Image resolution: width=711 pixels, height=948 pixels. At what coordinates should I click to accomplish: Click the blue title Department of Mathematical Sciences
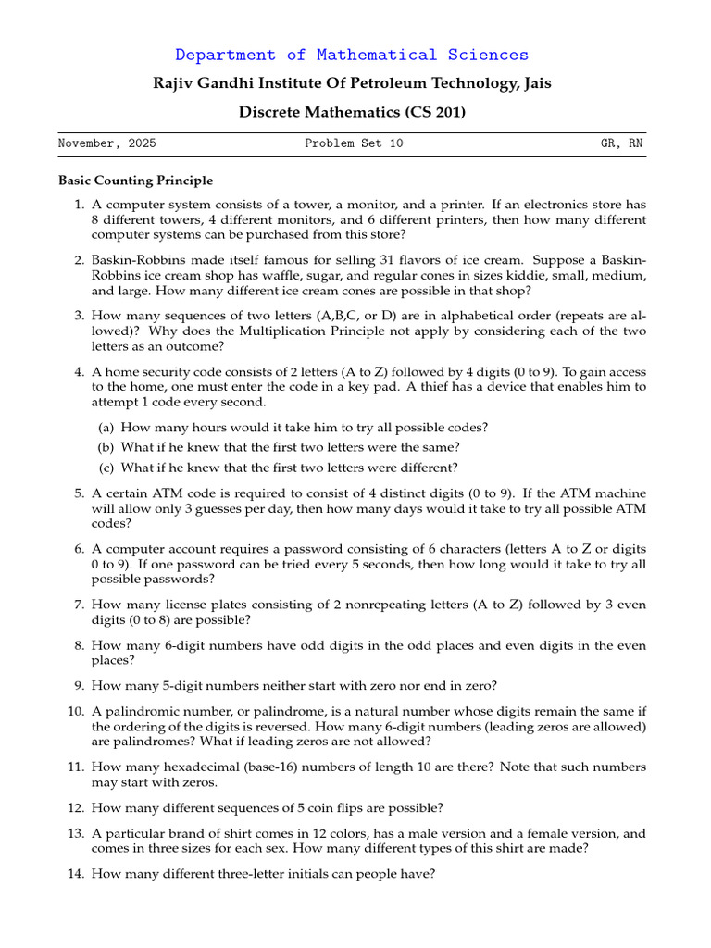[x=352, y=56]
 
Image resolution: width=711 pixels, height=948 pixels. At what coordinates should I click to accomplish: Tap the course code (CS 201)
[x=435, y=113]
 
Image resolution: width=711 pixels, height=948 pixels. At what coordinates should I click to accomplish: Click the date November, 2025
[x=107, y=144]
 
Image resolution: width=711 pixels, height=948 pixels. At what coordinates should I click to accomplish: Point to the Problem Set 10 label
[x=354, y=144]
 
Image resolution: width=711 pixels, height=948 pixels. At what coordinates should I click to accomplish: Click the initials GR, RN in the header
[x=622, y=144]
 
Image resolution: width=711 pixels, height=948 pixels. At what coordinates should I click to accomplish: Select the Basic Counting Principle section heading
[x=135, y=181]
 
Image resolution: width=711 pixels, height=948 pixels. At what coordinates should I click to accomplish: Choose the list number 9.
[x=79, y=686]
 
